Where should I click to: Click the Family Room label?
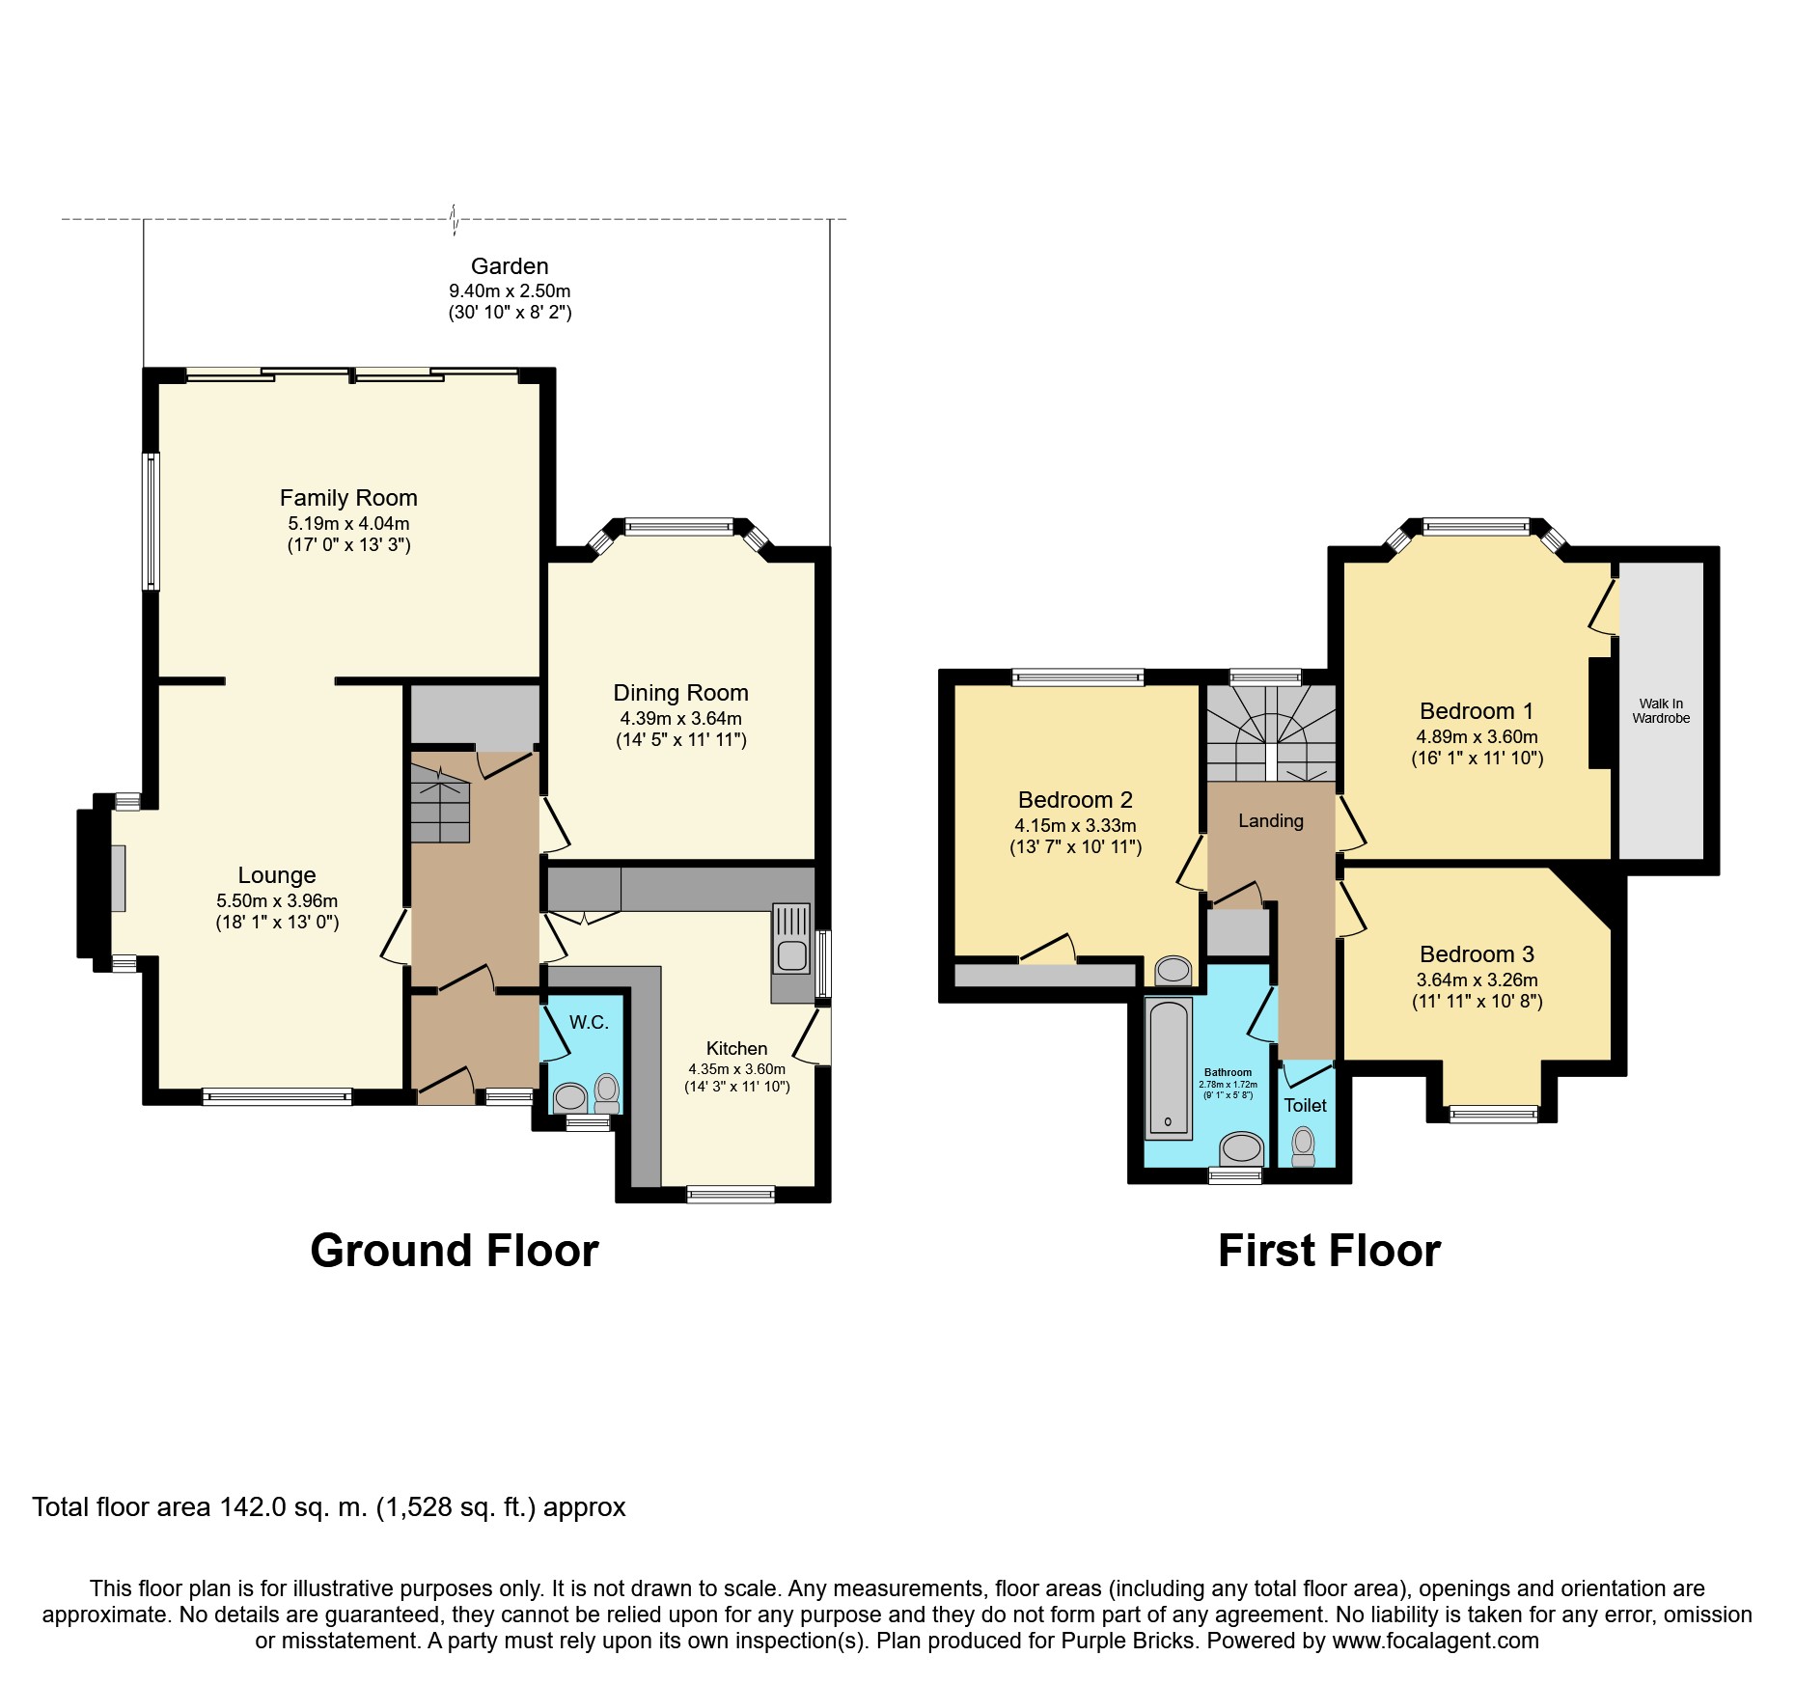click(348, 498)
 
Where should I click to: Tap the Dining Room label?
click(680, 693)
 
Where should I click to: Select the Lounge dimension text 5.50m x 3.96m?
click(277, 901)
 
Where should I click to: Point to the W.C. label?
click(589, 1023)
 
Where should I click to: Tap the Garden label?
click(510, 266)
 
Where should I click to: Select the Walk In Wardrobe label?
click(1661, 711)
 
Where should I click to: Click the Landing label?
click(1271, 821)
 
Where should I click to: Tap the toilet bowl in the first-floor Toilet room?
click(1304, 1145)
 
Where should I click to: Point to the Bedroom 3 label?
click(1477, 954)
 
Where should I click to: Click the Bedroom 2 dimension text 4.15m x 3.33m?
click(1075, 826)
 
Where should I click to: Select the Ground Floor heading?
click(455, 1251)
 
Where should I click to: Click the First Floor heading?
click(1329, 1251)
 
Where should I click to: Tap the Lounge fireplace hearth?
click(118, 878)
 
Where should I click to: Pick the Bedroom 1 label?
click(1477, 711)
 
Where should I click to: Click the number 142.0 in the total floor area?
click(253, 1507)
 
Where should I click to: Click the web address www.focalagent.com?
click(1435, 1641)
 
